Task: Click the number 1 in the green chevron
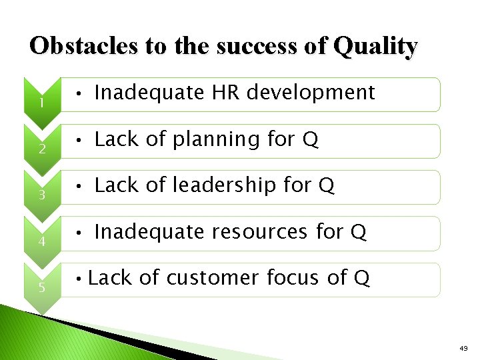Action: coord(41,103)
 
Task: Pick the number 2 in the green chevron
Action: coord(41,149)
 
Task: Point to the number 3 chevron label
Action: coord(41,195)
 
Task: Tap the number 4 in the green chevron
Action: coord(41,241)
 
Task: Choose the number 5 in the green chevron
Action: coord(41,288)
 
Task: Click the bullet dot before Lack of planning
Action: coord(79,141)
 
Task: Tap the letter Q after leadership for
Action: coord(326,185)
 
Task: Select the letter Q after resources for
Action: coord(358,232)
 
